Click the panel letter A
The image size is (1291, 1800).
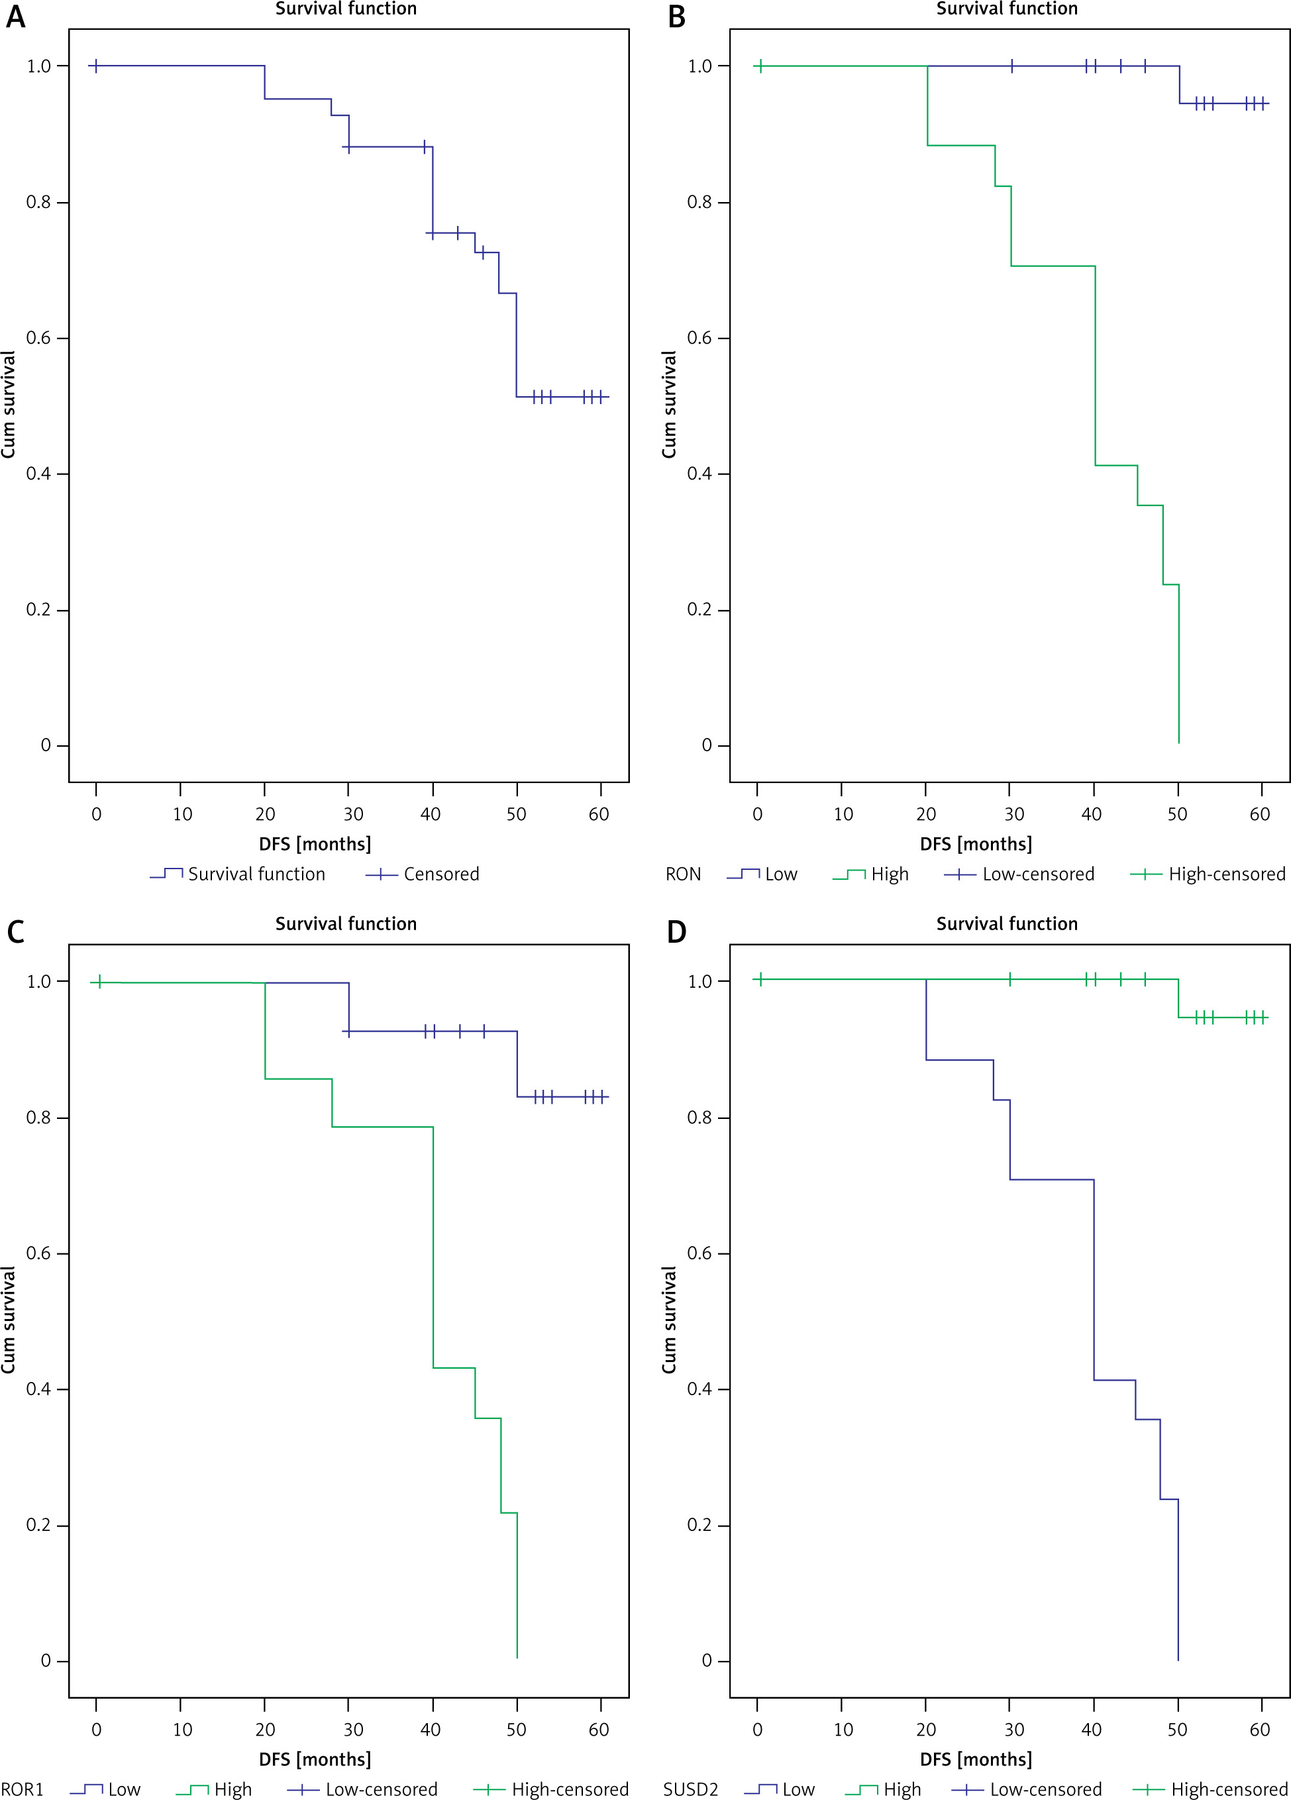coord(16,17)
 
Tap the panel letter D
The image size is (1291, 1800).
coord(676,931)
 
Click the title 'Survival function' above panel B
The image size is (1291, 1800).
coord(1007,9)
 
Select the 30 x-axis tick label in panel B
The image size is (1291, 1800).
coord(1014,814)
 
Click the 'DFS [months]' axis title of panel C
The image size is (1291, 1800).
coord(315,1759)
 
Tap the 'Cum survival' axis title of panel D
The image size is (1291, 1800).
coord(669,1320)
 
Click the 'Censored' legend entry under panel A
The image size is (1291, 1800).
coord(422,874)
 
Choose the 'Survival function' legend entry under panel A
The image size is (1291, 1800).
coord(237,874)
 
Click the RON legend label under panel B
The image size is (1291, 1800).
coord(683,874)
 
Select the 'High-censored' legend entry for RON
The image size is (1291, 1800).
coord(1208,874)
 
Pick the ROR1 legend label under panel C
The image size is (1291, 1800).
coord(23,1789)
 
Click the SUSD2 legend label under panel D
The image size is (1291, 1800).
coord(690,1789)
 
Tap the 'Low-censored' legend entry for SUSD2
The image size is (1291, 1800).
coord(1027,1789)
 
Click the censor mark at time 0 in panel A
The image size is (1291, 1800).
coord(96,66)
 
